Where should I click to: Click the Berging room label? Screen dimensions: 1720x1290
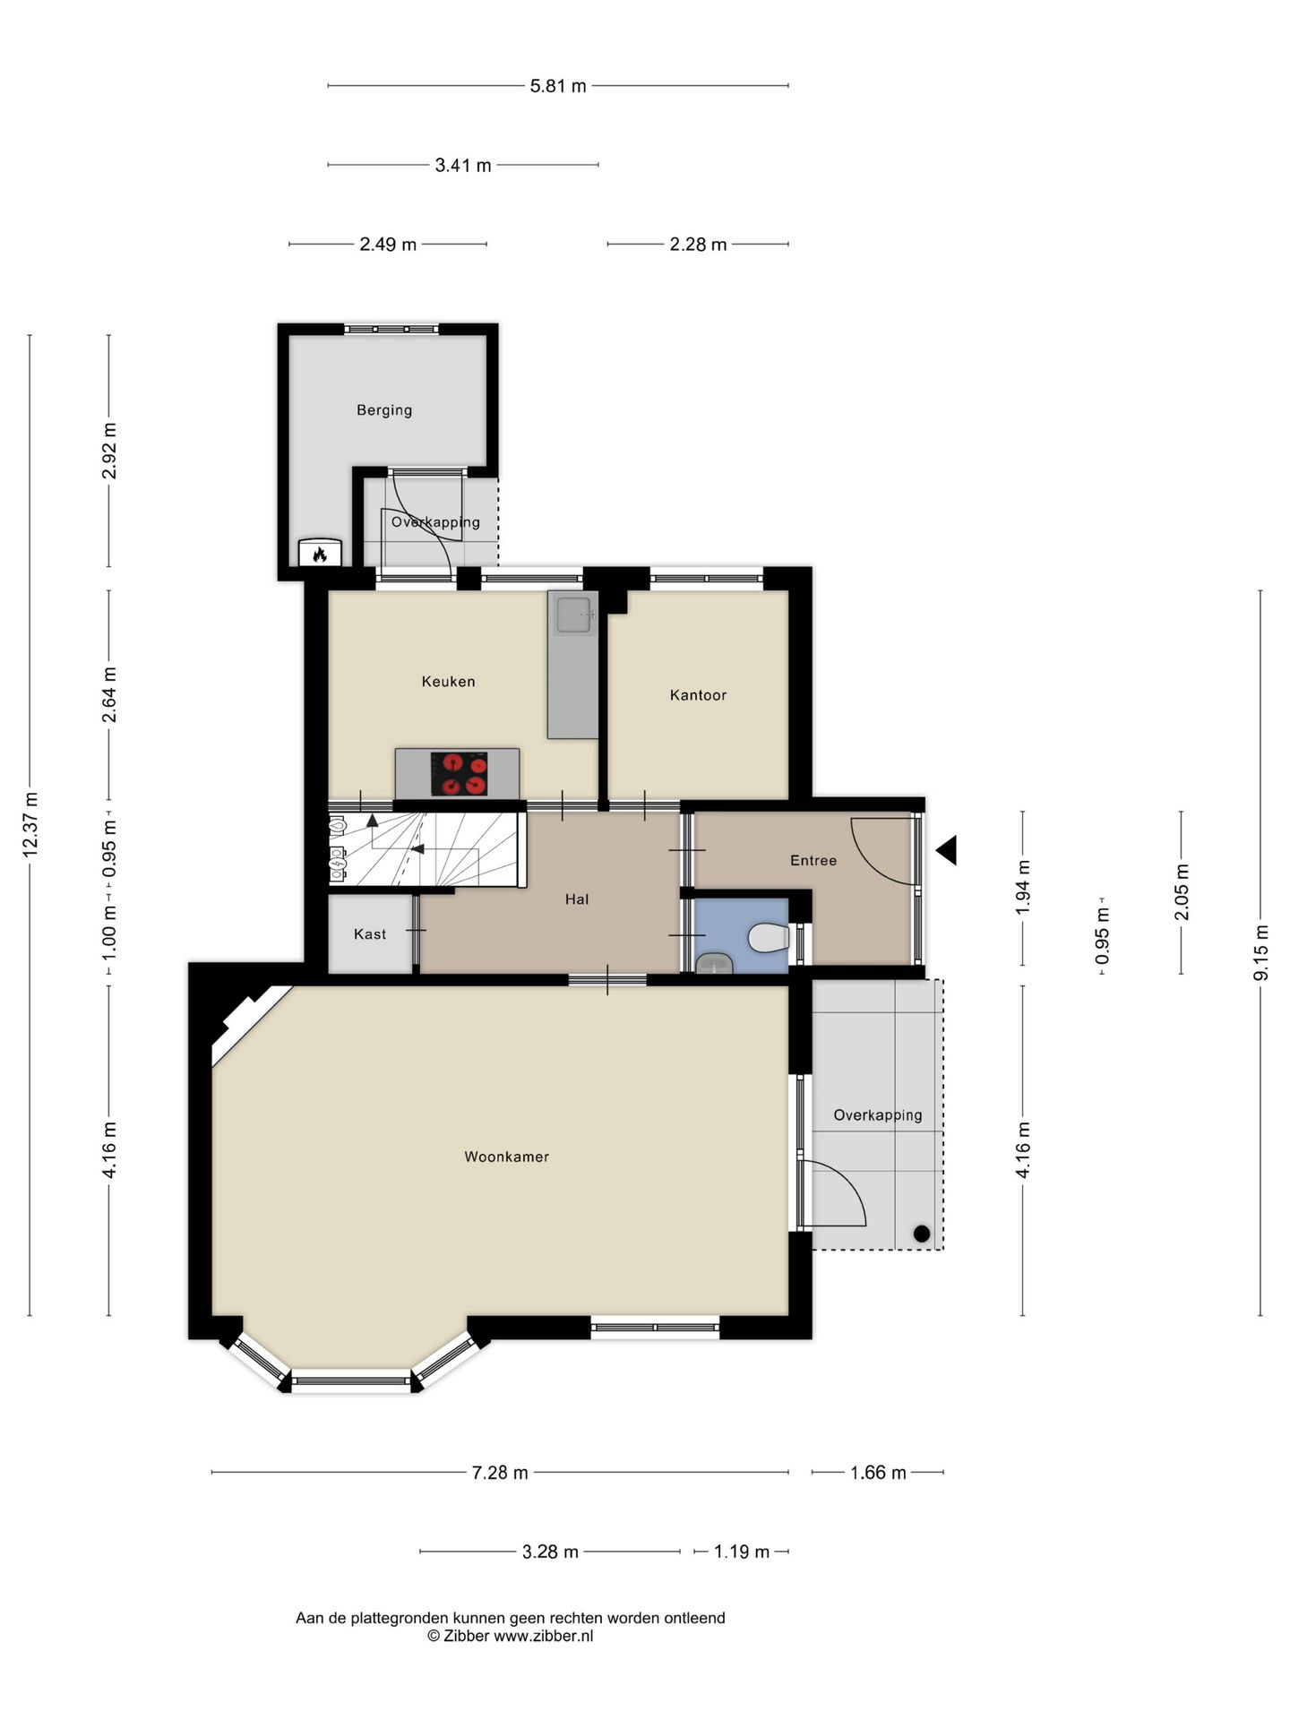point(384,410)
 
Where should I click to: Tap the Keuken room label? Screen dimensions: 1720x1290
point(448,682)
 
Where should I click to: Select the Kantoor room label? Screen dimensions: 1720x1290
point(698,695)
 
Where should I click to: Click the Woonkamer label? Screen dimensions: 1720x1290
point(506,1157)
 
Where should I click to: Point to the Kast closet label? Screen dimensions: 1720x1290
point(370,934)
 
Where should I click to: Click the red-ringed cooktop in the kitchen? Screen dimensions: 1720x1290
point(459,774)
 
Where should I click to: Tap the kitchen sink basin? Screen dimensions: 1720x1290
point(573,615)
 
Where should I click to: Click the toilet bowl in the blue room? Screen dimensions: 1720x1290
point(767,938)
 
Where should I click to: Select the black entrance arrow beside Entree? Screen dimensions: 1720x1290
point(947,850)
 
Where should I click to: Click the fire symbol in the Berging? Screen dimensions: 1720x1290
point(320,555)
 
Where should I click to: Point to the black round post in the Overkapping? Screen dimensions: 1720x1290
point(921,1234)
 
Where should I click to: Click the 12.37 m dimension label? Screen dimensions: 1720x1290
point(30,824)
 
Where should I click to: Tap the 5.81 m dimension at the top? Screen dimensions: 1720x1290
point(558,86)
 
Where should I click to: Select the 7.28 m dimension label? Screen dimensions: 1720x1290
point(500,1473)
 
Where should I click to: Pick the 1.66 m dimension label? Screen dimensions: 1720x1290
point(878,1473)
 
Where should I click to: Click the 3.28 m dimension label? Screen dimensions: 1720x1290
point(550,1552)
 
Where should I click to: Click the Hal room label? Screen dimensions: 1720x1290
point(577,899)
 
